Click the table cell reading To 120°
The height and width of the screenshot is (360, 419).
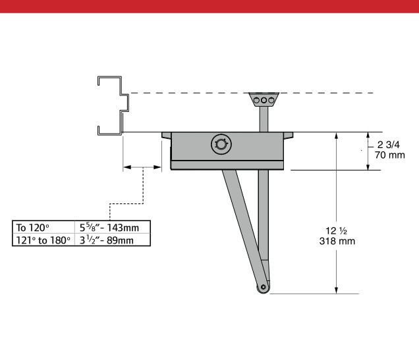[x=43, y=227]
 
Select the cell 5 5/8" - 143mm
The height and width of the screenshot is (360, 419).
[x=113, y=227]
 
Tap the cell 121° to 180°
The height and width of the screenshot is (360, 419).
[x=43, y=240]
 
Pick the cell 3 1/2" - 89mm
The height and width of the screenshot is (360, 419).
[x=113, y=240]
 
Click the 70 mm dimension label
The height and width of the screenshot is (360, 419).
[x=389, y=155]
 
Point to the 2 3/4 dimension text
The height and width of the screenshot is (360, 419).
[x=389, y=145]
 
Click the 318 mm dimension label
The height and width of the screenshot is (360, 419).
[x=337, y=241]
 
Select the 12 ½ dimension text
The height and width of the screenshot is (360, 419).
[x=336, y=230]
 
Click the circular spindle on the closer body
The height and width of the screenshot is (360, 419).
[x=221, y=144]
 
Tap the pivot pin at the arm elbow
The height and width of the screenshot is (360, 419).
[x=264, y=287]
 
